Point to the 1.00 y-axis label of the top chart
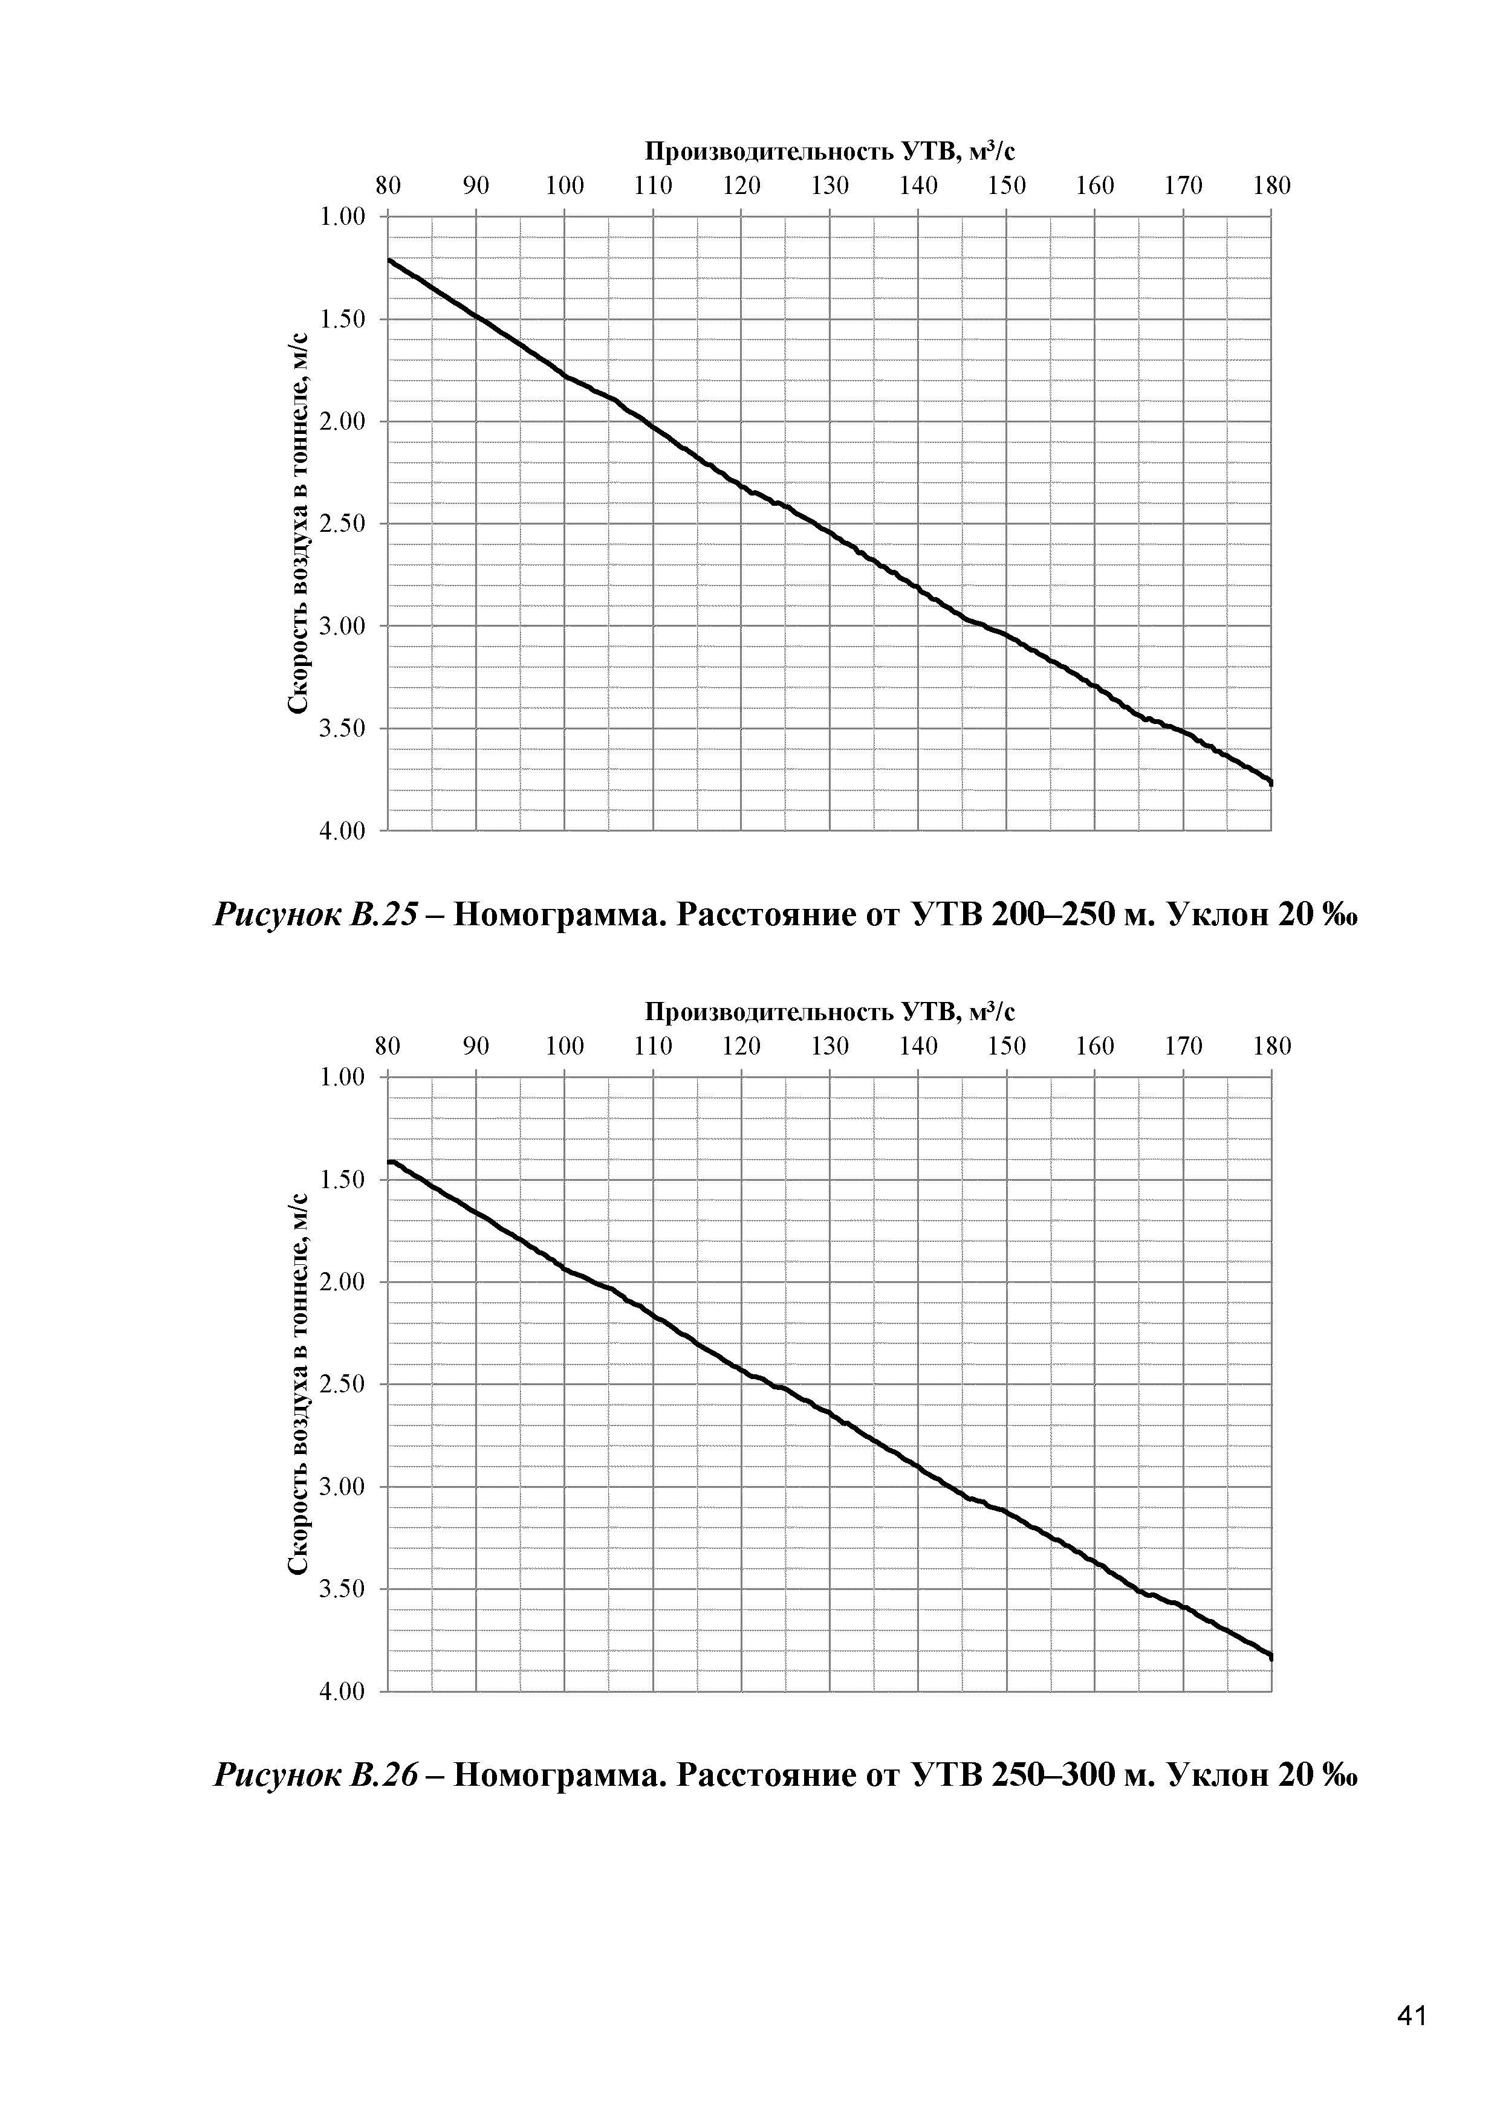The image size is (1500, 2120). pos(342,217)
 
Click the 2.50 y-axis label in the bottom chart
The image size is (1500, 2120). pos(342,1384)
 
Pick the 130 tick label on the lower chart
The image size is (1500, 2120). pos(830,1046)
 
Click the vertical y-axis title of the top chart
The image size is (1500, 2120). pos(297,523)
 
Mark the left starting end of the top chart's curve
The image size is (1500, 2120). pos(390,260)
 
